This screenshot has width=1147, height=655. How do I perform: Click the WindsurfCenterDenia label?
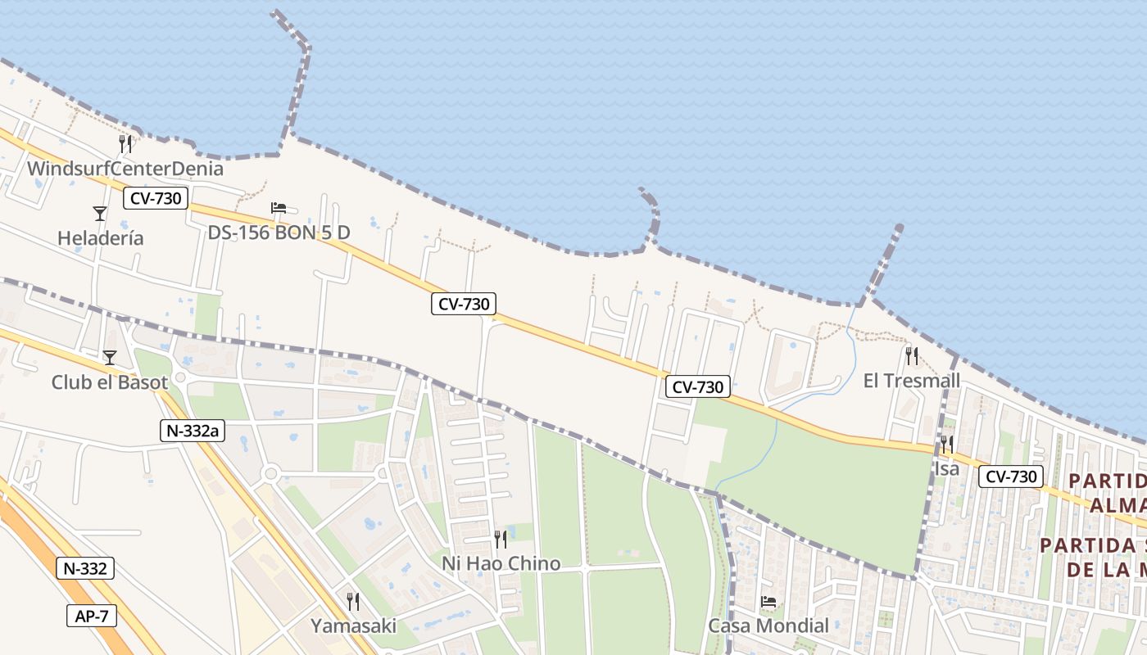tap(125, 169)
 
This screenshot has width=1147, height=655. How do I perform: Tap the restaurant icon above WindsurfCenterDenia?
tap(125, 144)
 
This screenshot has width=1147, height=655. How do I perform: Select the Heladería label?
tap(100, 238)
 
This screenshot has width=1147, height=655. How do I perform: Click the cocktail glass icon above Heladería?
tap(100, 214)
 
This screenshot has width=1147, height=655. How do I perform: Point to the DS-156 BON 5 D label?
tap(279, 233)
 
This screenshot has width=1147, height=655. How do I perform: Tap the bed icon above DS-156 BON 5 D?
tap(279, 208)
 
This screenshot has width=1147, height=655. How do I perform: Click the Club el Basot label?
tap(109, 382)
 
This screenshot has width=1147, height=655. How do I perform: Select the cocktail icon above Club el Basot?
tap(109, 358)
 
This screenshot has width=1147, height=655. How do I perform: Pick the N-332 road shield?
tap(85, 568)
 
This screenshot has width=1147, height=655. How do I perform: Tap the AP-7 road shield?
tap(92, 616)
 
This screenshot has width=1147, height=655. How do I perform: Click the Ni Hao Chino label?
tap(501, 563)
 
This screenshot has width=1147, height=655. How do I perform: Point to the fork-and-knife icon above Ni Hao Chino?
tap(501, 539)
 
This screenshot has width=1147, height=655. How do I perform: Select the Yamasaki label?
tap(353, 626)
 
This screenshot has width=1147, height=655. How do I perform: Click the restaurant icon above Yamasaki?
tap(353, 602)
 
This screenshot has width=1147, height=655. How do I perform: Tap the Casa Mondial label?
tap(768, 626)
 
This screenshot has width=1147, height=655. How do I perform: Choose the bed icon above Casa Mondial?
tap(768, 602)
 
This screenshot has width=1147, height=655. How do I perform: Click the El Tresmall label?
tap(911, 381)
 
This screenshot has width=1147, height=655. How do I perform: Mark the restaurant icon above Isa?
tap(946, 445)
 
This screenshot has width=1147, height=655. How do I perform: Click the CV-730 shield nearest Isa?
tap(1010, 477)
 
